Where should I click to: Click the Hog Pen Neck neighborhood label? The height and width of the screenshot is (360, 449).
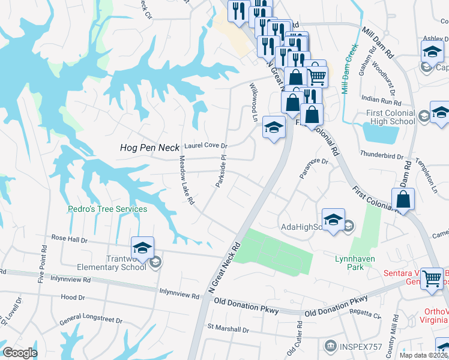[x=150, y=147]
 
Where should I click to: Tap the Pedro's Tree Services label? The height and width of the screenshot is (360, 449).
[x=107, y=209]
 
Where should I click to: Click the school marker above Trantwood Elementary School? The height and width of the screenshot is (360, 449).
[x=142, y=248]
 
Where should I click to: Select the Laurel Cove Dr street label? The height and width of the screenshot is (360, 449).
[x=206, y=145]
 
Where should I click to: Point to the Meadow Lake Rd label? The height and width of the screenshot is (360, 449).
[x=187, y=181]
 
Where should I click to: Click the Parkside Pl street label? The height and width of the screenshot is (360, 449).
[x=220, y=171]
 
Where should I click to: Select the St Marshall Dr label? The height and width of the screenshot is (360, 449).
[x=228, y=329]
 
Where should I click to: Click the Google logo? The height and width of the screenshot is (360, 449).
[x=20, y=353]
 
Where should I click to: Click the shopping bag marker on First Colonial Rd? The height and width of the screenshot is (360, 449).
[x=403, y=199]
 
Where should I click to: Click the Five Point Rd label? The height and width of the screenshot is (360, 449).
[x=42, y=264]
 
